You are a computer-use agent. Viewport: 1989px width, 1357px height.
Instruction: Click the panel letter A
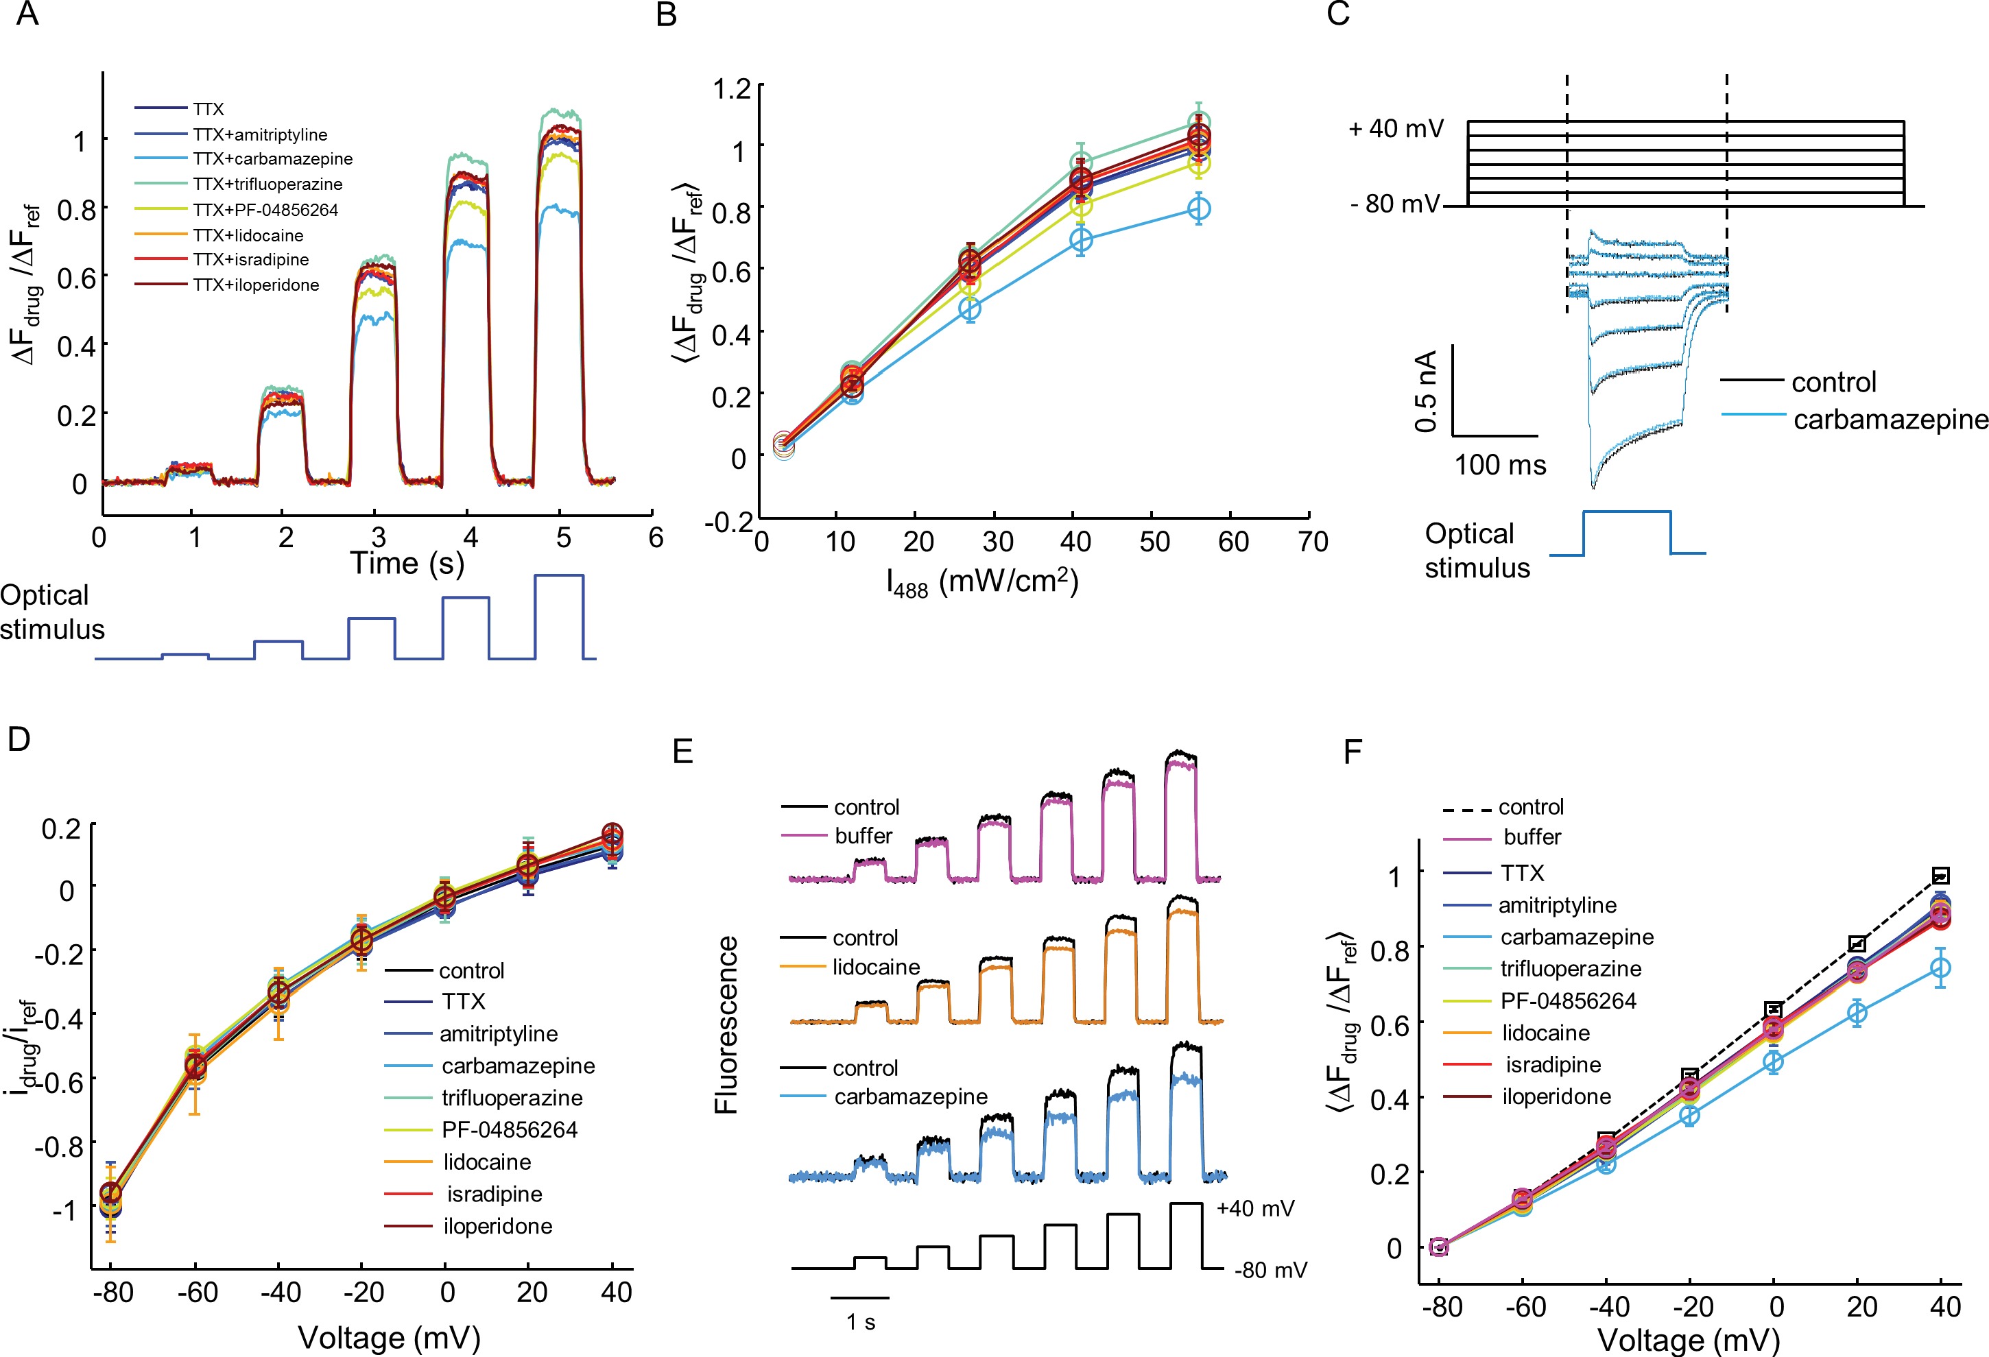[27, 14]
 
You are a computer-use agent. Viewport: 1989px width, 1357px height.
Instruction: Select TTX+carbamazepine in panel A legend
[272, 159]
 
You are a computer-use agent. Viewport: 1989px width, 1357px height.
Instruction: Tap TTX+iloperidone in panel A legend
[256, 285]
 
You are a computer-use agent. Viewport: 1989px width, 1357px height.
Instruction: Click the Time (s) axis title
[407, 563]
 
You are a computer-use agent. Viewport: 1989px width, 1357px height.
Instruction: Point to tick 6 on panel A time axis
[656, 538]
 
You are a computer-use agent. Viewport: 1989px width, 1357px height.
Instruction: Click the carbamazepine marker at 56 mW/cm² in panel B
[1200, 208]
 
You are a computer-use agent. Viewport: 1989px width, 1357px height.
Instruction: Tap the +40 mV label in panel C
[1396, 129]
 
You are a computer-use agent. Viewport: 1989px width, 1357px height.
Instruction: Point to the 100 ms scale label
[1500, 466]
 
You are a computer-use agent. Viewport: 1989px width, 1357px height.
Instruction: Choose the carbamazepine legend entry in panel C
[1890, 419]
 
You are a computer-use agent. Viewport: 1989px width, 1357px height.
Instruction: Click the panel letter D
[19, 739]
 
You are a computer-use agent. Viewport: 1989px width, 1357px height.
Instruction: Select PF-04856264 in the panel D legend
[509, 1130]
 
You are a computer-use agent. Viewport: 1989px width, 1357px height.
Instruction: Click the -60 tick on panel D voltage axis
[198, 1292]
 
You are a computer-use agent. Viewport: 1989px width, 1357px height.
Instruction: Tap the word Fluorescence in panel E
[726, 1024]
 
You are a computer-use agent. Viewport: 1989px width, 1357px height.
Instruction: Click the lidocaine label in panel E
[876, 967]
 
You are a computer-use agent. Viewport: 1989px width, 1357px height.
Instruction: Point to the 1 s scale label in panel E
[861, 1322]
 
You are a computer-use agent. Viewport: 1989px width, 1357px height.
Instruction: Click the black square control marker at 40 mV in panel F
[1941, 875]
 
